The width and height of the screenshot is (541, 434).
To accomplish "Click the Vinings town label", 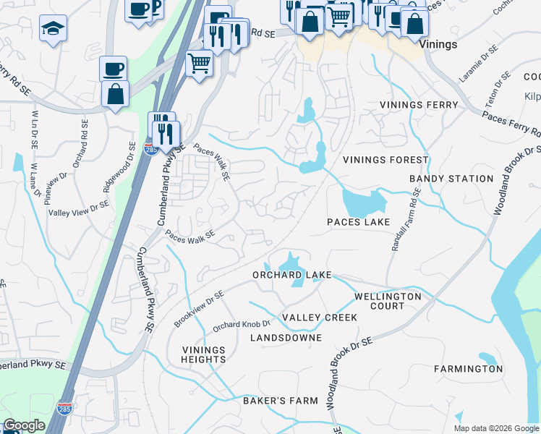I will pyautogui.click(x=438, y=45).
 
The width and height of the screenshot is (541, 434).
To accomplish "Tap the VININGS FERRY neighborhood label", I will pyautogui.click(x=419, y=106).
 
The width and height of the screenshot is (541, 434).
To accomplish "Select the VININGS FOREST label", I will pyautogui.click(x=385, y=160).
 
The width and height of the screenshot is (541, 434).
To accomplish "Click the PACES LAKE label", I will pyautogui.click(x=358, y=222).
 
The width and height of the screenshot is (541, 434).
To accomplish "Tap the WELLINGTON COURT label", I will pyautogui.click(x=388, y=301).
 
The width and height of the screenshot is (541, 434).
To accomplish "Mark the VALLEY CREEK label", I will pyautogui.click(x=320, y=318).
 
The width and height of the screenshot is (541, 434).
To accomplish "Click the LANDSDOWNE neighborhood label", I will pyautogui.click(x=286, y=338).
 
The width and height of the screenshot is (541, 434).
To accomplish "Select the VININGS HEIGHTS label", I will pyautogui.click(x=204, y=354).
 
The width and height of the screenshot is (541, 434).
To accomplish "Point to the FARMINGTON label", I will pyautogui.click(x=468, y=369).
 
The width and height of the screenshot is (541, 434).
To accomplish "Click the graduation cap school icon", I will pyautogui.click(x=53, y=29).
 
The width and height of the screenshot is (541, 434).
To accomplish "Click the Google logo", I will pyautogui.click(x=24, y=425).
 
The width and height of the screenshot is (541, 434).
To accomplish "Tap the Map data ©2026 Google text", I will pyautogui.click(x=496, y=428).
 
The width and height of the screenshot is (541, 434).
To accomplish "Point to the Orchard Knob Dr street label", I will pyautogui.click(x=241, y=326).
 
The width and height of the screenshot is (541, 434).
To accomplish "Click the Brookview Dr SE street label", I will pyautogui.click(x=199, y=308).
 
